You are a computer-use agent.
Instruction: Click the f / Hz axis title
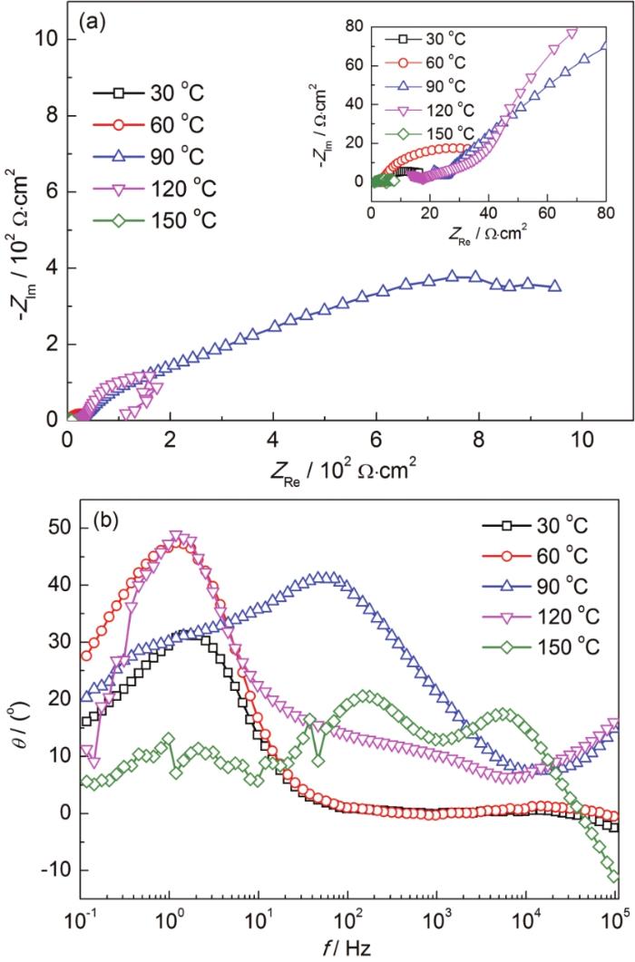tap(347, 947)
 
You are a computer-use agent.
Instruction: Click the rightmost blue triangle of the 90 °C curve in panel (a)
tap(555, 287)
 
